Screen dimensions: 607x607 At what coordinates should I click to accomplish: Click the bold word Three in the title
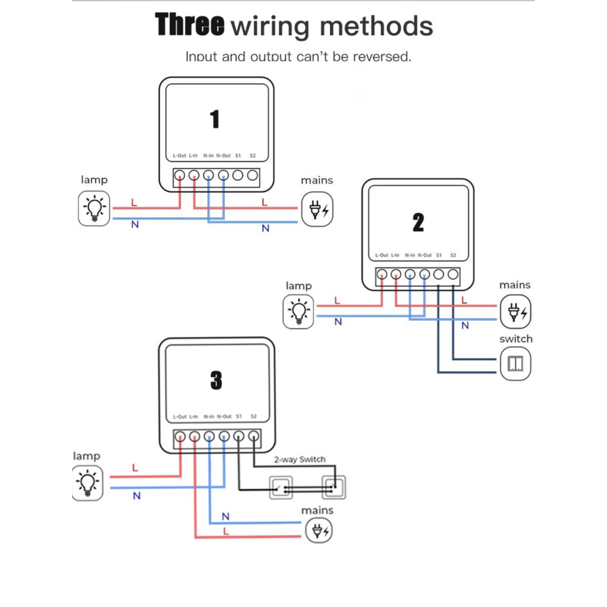pyautogui.click(x=189, y=25)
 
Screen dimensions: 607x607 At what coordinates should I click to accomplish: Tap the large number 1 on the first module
pyautogui.click(x=215, y=119)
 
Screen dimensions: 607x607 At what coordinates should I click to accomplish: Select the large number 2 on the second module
pyautogui.click(x=418, y=223)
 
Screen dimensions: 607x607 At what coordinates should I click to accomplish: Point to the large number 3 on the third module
pyautogui.click(x=216, y=381)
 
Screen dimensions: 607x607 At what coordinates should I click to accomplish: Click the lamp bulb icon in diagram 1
pyautogui.click(x=95, y=208)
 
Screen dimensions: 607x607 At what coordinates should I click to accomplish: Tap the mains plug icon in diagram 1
pyautogui.click(x=318, y=209)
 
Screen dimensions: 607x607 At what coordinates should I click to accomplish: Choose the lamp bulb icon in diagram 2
pyautogui.click(x=298, y=311)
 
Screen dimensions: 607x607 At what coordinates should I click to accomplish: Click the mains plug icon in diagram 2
pyautogui.click(x=515, y=312)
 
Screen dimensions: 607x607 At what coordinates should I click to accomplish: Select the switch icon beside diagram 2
pyautogui.click(x=515, y=364)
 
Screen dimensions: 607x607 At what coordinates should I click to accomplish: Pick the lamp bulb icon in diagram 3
pyautogui.click(x=87, y=483)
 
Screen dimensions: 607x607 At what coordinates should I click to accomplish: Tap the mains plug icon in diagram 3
pyautogui.click(x=318, y=532)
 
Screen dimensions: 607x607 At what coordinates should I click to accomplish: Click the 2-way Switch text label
pyautogui.click(x=300, y=459)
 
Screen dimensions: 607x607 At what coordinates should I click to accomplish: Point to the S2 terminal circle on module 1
pyautogui.click(x=252, y=176)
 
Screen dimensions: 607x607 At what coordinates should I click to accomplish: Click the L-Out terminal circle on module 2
pyautogui.click(x=381, y=274)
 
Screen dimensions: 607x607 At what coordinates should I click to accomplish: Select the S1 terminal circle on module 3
pyautogui.click(x=238, y=436)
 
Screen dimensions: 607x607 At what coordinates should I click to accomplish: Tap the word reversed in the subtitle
pyautogui.click(x=382, y=57)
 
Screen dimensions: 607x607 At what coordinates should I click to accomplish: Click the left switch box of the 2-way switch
pyautogui.click(x=280, y=486)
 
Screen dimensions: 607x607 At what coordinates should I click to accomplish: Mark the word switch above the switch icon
pyautogui.click(x=515, y=339)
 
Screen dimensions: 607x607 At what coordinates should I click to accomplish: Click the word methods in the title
pyautogui.click(x=376, y=27)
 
